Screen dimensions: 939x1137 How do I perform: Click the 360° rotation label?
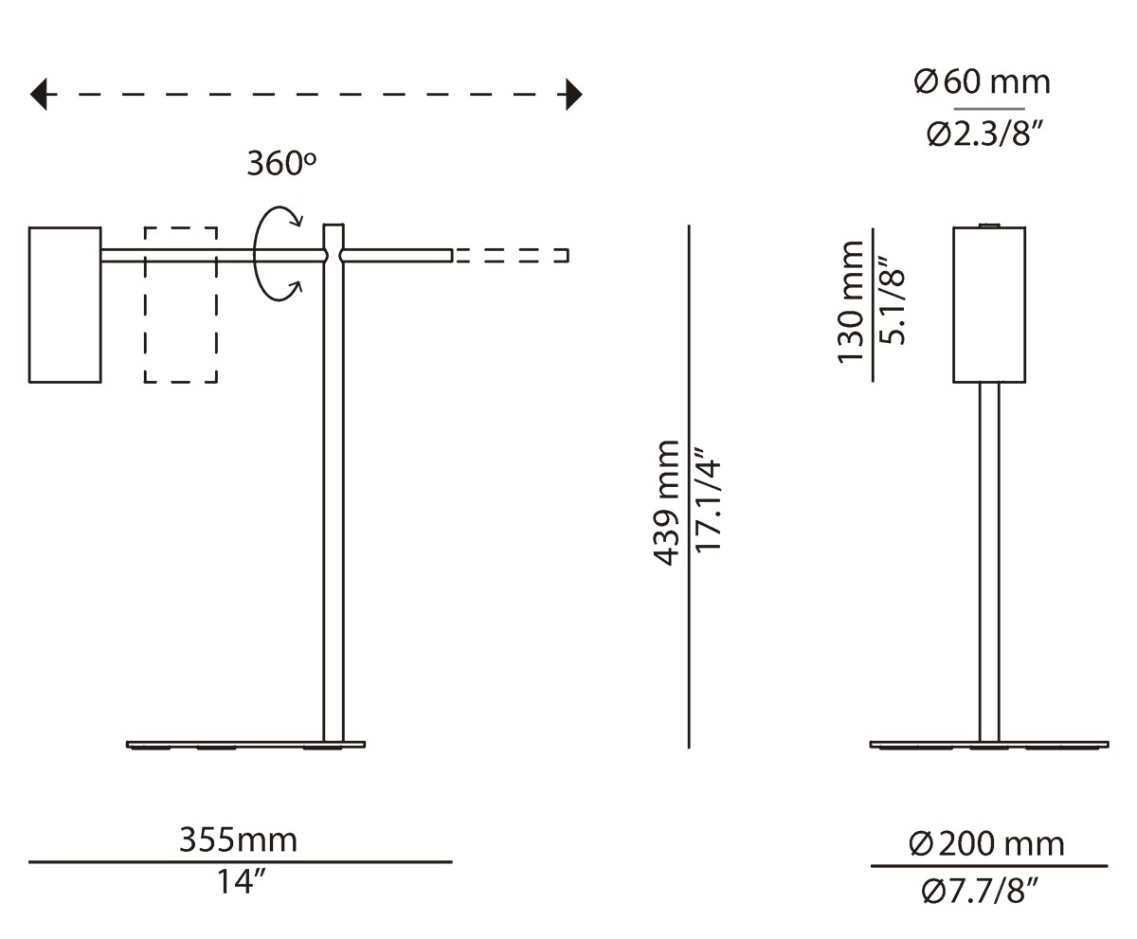[280, 164]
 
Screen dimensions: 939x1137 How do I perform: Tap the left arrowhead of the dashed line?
[39, 95]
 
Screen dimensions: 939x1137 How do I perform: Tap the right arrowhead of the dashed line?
[573, 95]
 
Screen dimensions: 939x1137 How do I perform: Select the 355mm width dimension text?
[238, 840]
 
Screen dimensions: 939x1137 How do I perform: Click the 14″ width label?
[240, 882]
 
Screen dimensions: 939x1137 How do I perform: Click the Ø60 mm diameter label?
[982, 82]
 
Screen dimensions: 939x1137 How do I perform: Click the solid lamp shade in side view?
[64, 304]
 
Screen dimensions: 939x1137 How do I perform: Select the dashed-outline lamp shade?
[181, 304]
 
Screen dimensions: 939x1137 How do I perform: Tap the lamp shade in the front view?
[989, 304]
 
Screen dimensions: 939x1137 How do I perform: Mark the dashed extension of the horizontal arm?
[512, 255]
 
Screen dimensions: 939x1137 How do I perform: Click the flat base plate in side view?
[245, 744]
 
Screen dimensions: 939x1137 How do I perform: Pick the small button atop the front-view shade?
[989, 225]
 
